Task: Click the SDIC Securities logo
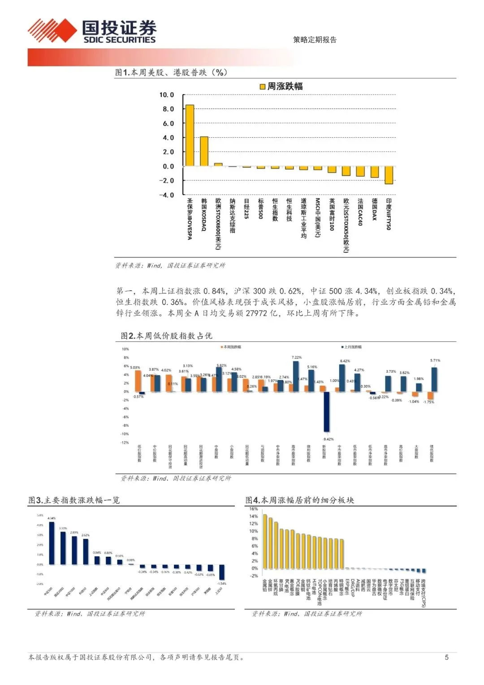[x=92, y=31]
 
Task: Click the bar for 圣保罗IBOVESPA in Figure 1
[x=190, y=135]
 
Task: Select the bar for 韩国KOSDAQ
[x=204, y=151]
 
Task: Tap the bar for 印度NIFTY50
[x=389, y=175]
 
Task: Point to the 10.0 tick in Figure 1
[x=166, y=95]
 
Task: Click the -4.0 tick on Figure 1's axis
[x=166, y=195]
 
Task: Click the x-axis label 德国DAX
[x=375, y=209]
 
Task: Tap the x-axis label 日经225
[x=246, y=209]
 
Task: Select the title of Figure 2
[x=166, y=336]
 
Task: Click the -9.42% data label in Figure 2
[x=328, y=439]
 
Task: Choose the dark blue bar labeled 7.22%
[x=296, y=376]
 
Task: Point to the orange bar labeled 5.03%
[x=138, y=381]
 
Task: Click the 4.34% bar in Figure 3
[x=52, y=543]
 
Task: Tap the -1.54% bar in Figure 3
[x=221, y=572]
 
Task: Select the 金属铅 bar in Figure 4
[x=264, y=541]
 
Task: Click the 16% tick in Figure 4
[x=254, y=509]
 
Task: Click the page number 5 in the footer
[x=446, y=657]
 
